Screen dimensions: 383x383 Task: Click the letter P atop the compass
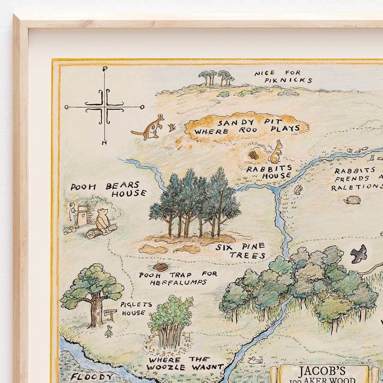click(104, 69)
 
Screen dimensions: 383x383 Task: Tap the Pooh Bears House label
click(108, 189)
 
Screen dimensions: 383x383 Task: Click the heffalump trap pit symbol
click(160, 267)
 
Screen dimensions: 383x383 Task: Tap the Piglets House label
click(135, 308)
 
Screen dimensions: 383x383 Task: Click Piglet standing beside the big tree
click(109, 332)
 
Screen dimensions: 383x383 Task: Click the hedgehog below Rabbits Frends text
click(352, 200)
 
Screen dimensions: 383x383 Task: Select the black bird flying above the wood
click(359, 253)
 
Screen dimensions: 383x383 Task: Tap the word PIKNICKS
click(288, 81)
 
